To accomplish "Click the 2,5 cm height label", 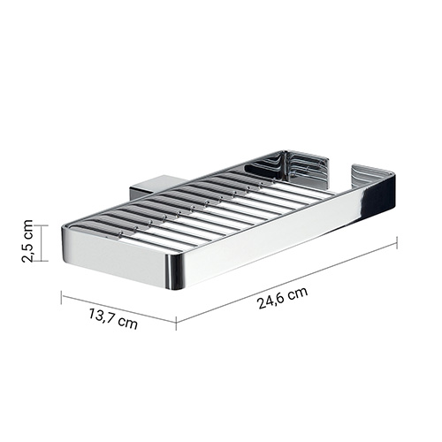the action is [x=27, y=240].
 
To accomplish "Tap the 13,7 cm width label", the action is [x=113, y=318].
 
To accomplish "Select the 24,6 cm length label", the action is [x=283, y=298].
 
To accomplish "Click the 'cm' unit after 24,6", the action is [x=298, y=293].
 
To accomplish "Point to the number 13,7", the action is [x=101, y=315].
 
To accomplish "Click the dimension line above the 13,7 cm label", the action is [x=118, y=307].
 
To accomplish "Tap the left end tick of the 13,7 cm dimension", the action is [x=61, y=297].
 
